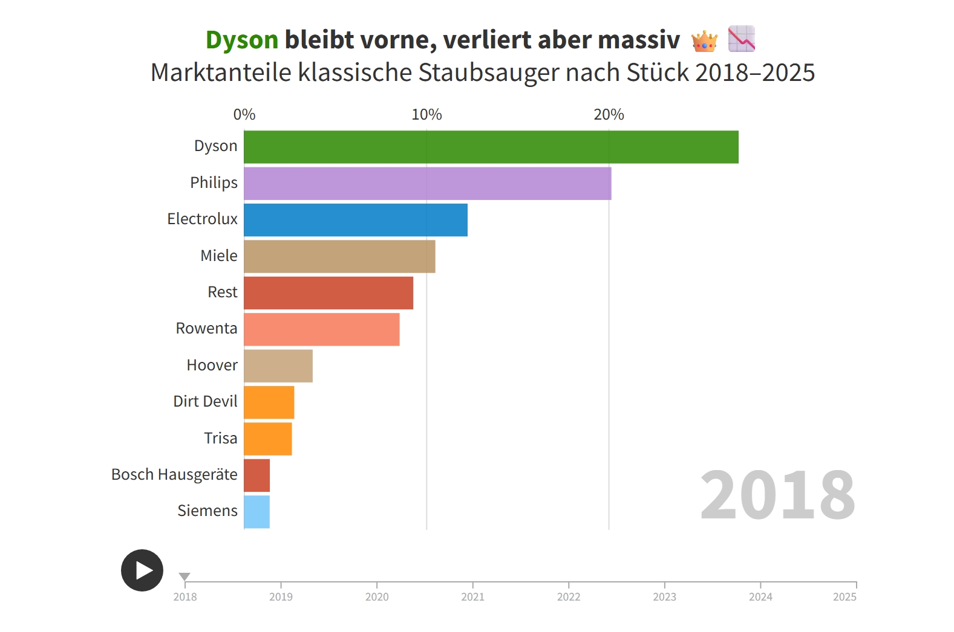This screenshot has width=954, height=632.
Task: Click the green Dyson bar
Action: point(491,147)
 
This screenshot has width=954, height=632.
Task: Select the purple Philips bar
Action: point(427,184)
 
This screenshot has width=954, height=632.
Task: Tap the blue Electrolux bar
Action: point(355,220)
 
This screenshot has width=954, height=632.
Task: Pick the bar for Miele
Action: point(339,256)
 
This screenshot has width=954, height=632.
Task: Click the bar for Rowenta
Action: point(321,329)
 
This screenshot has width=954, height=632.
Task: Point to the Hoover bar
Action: point(278,366)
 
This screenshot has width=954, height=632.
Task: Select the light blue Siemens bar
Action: point(256,512)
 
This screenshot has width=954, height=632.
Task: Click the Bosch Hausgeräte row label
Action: point(174,474)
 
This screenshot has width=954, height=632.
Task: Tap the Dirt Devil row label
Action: point(205,401)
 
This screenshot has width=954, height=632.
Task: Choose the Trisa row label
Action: point(220,438)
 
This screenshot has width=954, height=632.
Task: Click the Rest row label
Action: point(222,292)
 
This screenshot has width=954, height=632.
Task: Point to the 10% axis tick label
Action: point(426,114)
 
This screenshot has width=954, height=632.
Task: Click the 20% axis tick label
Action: point(609,114)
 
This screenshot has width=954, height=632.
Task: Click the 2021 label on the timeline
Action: point(472,597)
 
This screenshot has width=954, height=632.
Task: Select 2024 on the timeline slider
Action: point(760,597)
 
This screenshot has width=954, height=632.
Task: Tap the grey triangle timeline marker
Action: point(185,576)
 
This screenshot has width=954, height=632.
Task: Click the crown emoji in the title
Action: point(704,41)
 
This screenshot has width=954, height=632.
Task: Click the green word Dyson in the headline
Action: point(241,40)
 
